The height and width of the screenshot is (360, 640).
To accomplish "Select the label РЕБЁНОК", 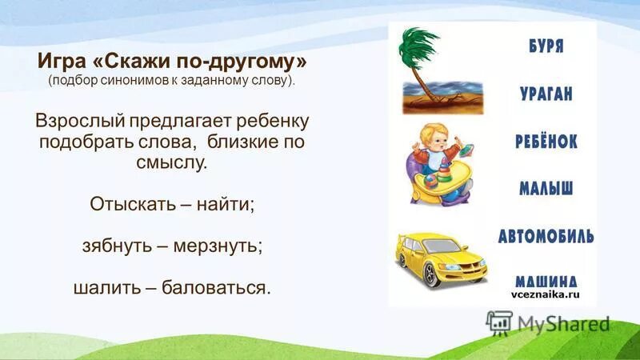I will (x=546, y=142).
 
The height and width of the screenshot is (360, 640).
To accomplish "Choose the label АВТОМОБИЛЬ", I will (x=546, y=236).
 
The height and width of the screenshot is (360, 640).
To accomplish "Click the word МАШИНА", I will (x=546, y=280).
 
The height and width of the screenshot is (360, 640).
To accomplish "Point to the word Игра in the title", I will (x=58, y=62).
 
